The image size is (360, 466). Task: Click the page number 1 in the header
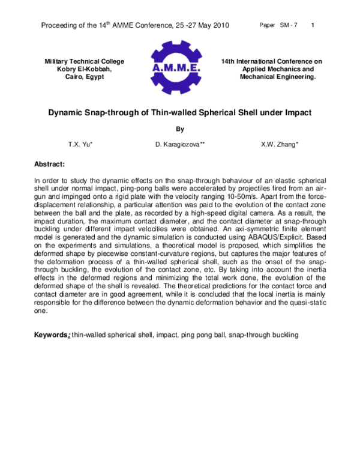(x=314, y=25)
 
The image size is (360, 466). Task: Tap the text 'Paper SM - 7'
(x=278, y=25)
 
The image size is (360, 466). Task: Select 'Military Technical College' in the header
(x=85, y=61)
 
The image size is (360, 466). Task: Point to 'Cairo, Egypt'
(x=85, y=77)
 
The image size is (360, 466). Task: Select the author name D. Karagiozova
(x=179, y=145)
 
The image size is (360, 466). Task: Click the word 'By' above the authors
(x=180, y=129)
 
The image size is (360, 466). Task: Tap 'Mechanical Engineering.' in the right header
(x=277, y=77)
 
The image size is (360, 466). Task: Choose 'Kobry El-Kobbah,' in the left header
(x=85, y=69)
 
